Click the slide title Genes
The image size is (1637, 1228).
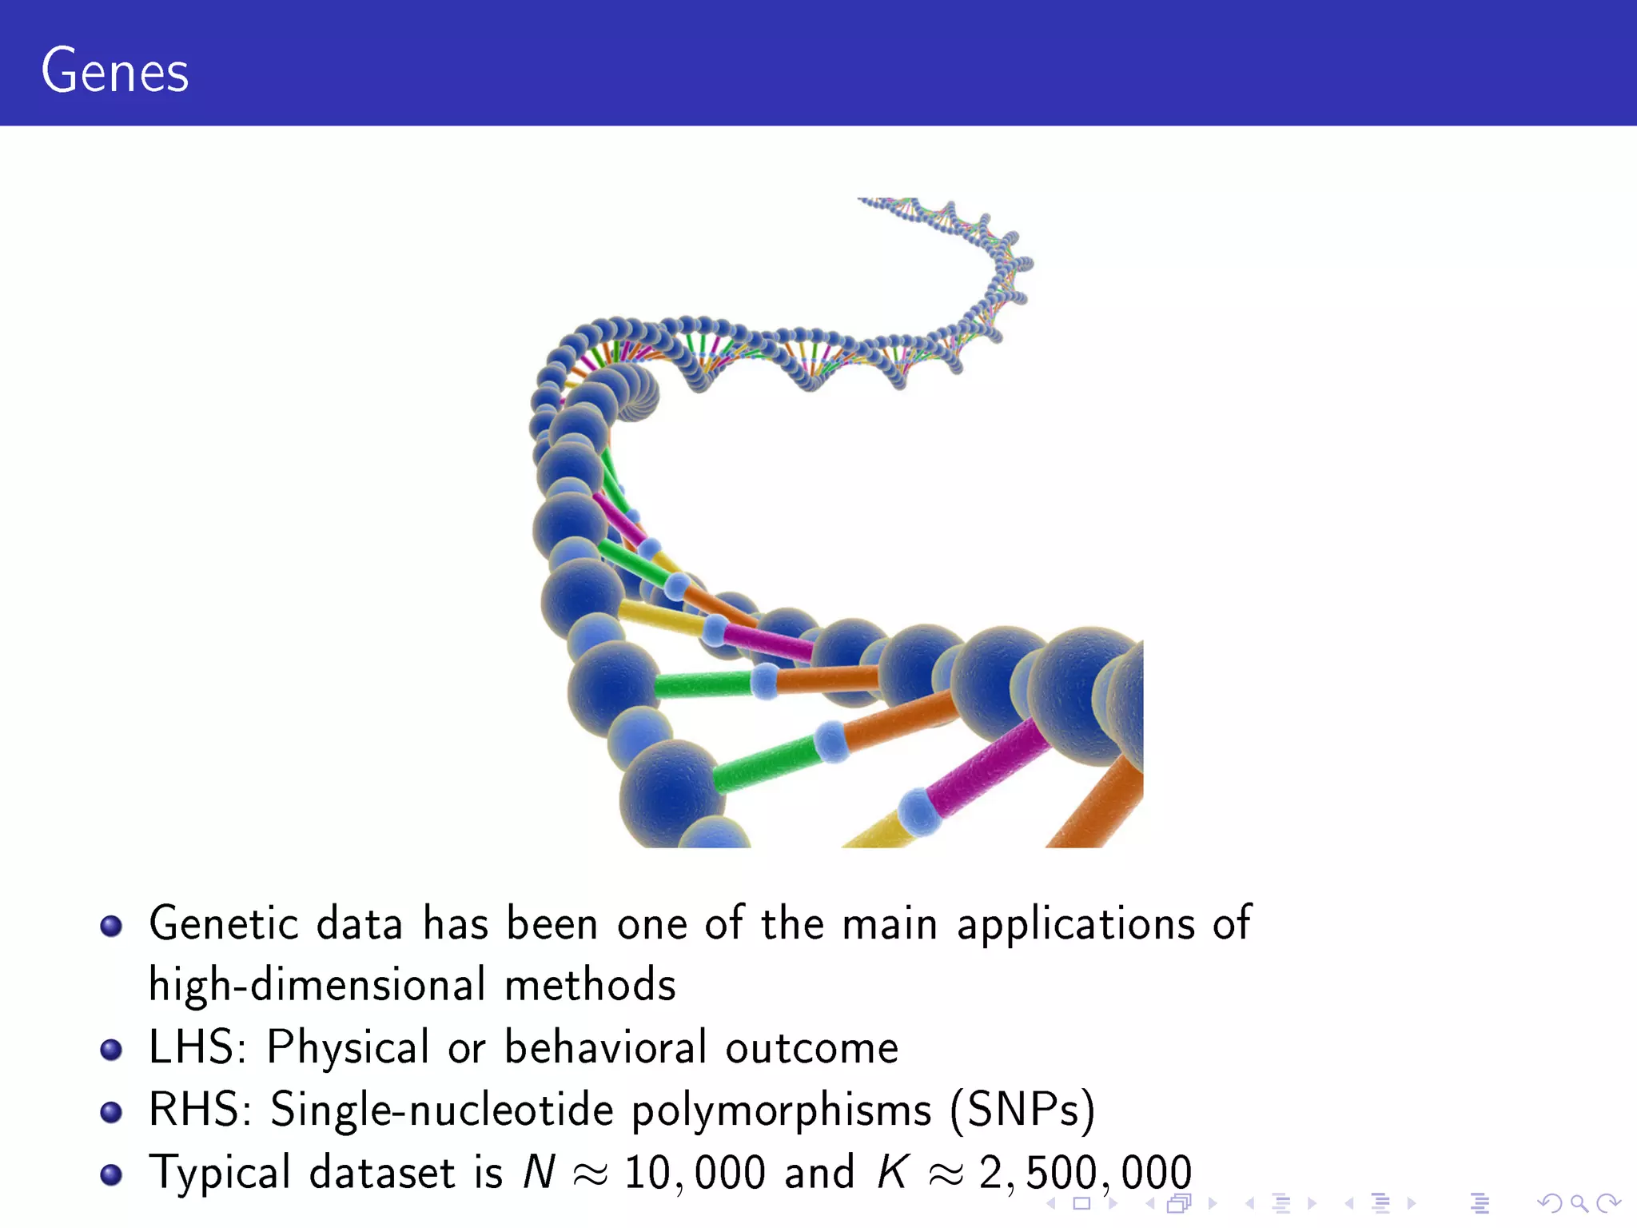click(115, 72)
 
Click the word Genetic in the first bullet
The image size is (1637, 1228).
click(224, 924)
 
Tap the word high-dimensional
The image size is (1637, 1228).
click(317, 985)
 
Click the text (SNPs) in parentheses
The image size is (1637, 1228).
click(1022, 1110)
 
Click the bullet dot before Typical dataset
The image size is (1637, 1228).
click(111, 1174)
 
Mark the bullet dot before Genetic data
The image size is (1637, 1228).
click(111, 926)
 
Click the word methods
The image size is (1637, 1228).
click(590, 985)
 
